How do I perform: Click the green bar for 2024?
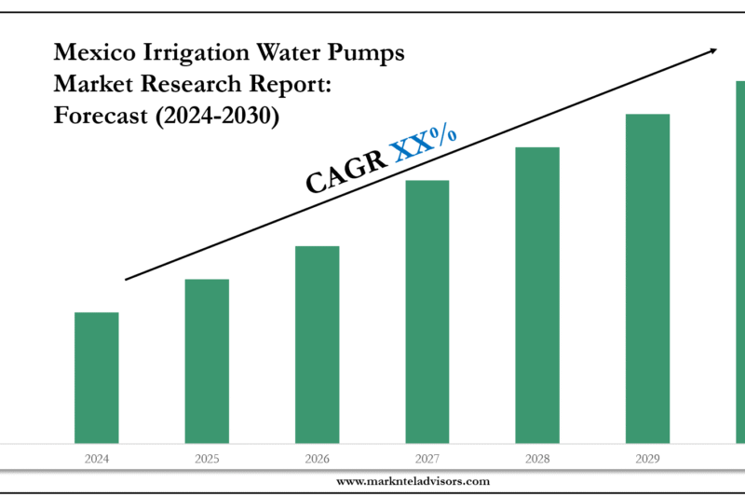click(x=96, y=378)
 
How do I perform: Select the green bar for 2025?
click(x=207, y=361)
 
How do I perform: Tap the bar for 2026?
click(x=317, y=344)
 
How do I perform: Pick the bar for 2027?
click(x=427, y=311)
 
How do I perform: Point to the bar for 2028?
click(x=537, y=295)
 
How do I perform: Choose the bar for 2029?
click(x=647, y=278)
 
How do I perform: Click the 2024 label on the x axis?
click(x=96, y=458)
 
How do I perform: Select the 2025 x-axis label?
click(x=207, y=458)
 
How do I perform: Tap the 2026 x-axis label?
click(x=317, y=458)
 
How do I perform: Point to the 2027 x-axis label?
click(x=427, y=458)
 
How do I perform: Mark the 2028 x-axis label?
click(x=537, y=458)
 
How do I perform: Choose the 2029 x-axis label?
click(x=647, y=458)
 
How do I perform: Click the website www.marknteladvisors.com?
click(x=413, y=481)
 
